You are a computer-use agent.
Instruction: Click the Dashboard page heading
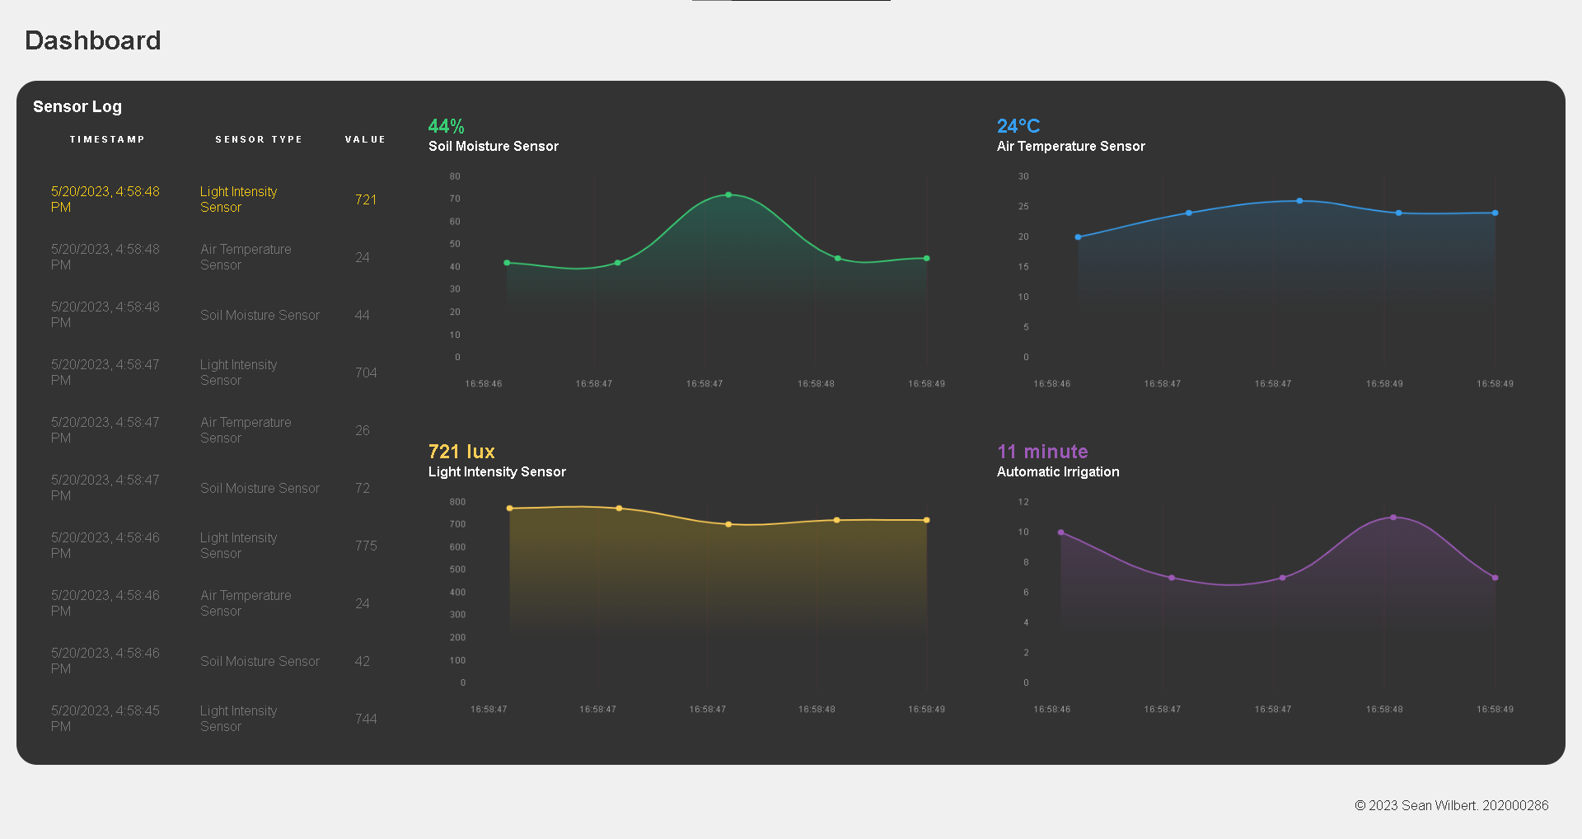(93, 40)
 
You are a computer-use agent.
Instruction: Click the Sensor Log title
(77, 106)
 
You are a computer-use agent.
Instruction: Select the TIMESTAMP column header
(107, 139)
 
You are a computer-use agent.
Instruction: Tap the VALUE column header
(365, 139)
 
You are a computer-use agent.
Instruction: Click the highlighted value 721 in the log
(366, 199)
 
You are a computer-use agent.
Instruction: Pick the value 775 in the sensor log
(366, 546)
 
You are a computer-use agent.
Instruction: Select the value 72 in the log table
(363, 488)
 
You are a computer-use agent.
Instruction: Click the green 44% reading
(446, 126)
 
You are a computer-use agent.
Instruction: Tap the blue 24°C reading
(1018, 126)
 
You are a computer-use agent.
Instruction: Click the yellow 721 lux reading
(461, 452)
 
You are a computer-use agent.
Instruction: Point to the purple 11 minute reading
(1042, 452)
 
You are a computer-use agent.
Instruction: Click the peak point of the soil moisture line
(728, 195)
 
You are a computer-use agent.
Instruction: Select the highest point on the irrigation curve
(1393, 518)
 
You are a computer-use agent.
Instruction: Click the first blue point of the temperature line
(1078, 237)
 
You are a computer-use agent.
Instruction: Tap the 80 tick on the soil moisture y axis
(455, 176)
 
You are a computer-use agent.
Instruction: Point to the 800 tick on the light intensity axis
(457, 502)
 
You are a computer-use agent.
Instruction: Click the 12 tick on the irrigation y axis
(1023, 502)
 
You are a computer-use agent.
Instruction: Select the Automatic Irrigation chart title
(1058, 471)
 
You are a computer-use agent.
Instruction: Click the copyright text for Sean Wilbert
(1451, 805)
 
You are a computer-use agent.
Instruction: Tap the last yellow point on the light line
(927, 520)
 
